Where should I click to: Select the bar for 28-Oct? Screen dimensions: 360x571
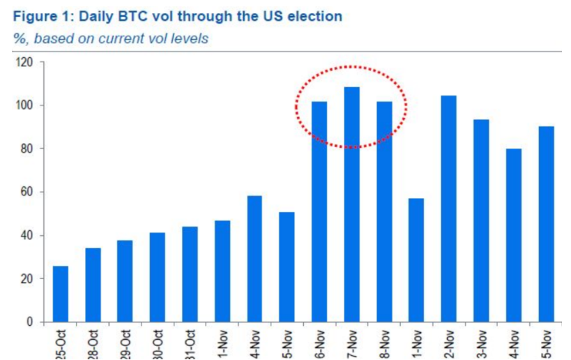pyautogui.click(x=93, y=285)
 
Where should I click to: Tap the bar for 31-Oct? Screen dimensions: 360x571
pyautogui.click(x=190, y=274)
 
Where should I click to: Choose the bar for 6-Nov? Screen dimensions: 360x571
pyautogui.click(x=319, y=212)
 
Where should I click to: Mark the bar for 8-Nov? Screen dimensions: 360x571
pyautogui.click(x=384, y=212)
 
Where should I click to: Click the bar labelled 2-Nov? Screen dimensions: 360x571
pyautogui.click(x=448, y=209)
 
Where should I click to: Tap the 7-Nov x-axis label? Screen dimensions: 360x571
pyautogui.click(x=352, y=344)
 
